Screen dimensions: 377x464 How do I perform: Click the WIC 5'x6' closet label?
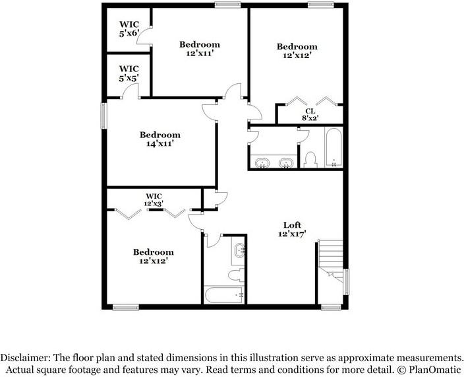click(x=129, y=30)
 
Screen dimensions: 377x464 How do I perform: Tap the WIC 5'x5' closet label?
click(x=129, y=73)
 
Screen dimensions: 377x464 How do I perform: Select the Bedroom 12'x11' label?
click(x=200, y=49)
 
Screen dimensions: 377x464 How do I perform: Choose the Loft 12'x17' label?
click(x=292, y=229)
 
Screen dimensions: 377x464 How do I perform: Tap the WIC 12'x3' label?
click(x=154, y=200)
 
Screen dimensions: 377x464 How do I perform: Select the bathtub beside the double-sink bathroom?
click(x=333, y=148)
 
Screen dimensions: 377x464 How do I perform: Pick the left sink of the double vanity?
click(x=262, y=162)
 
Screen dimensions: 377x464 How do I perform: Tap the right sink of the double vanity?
click(x=286, y=162)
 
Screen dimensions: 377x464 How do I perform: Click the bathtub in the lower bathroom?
click(x=225, y=294)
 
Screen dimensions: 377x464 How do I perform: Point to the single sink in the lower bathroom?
click(x=239, y=250)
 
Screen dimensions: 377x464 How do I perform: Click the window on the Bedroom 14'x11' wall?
click(x=103, y=116)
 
